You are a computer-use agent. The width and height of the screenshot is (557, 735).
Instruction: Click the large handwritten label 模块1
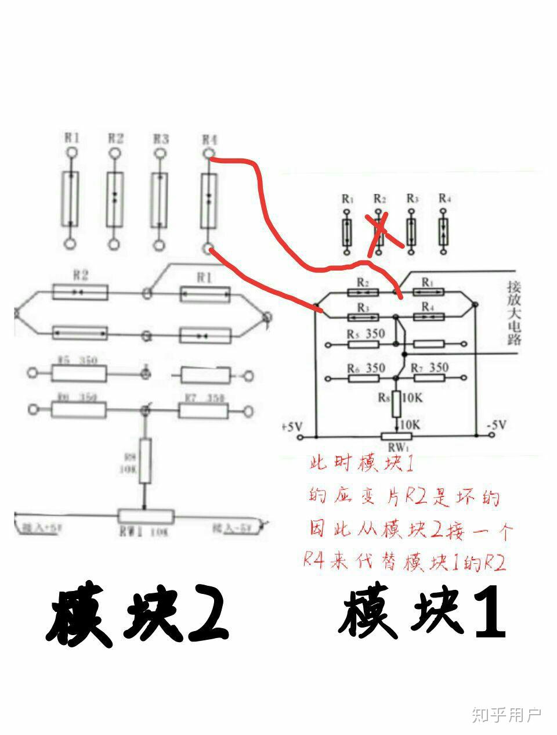click(422, 613)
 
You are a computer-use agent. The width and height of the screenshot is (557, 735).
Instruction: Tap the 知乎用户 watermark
click(506, 715)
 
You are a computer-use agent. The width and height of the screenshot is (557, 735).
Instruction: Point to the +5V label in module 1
click(292, 426)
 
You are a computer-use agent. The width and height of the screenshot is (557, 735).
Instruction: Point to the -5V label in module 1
click(496, 424)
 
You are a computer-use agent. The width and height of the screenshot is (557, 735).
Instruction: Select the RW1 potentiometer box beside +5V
click(396, 437)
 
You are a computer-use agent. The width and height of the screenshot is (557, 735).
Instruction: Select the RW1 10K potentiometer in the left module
click(146, 516)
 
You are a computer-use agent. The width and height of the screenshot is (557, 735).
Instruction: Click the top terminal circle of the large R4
click(208, 153)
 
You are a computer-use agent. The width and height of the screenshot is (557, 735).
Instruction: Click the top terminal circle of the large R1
click(71, 153)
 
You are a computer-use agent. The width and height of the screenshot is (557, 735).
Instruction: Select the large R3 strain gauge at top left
click(160, 200)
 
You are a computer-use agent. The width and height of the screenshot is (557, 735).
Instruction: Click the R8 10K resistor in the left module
click(145, 462)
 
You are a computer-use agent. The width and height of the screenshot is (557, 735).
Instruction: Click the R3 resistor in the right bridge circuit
click(363, 317)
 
